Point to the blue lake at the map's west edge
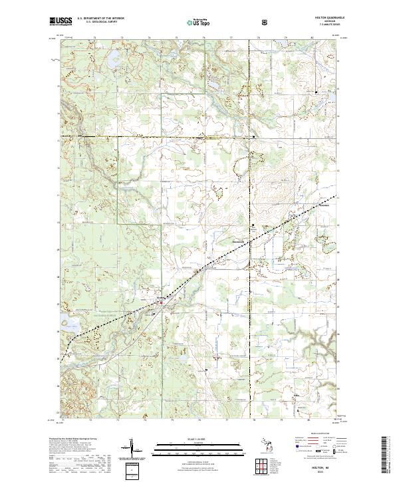click(x=72, y=326)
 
